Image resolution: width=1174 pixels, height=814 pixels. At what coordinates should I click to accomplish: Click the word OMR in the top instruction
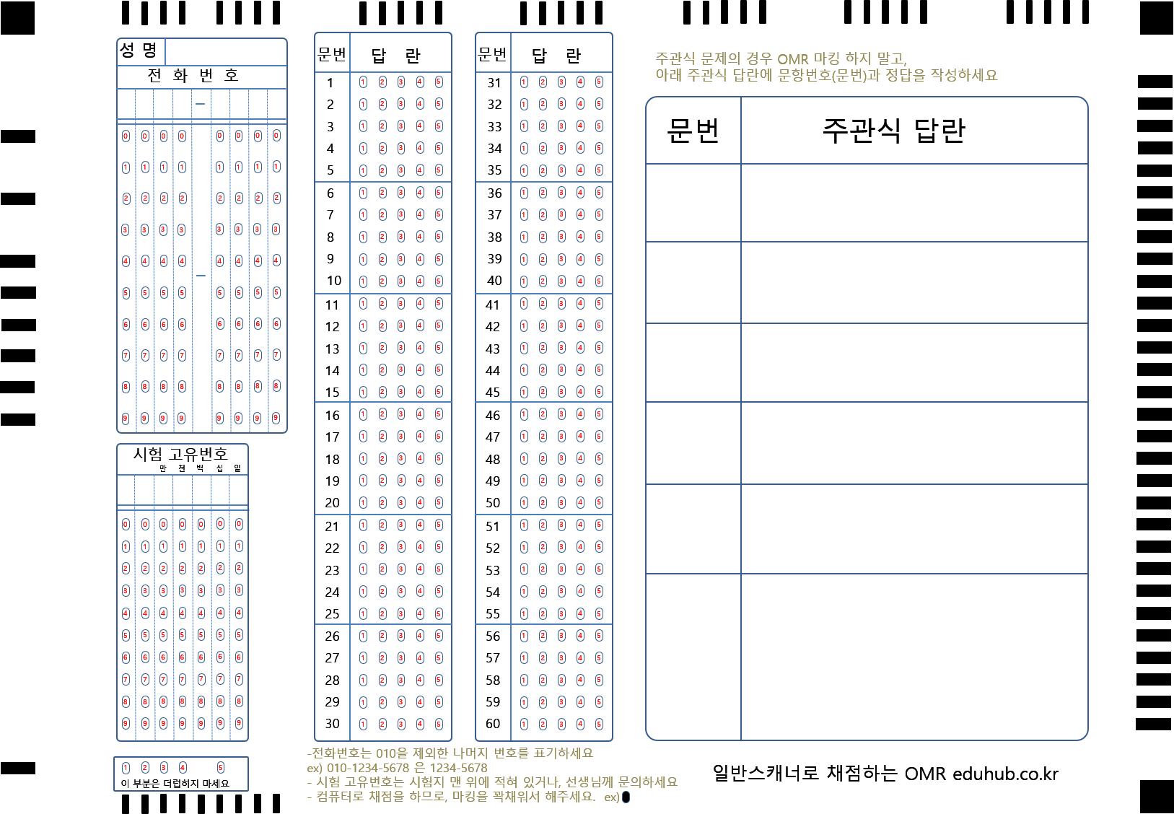coord(792,59)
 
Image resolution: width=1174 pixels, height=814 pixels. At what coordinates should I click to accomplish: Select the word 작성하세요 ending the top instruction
coord(964,75)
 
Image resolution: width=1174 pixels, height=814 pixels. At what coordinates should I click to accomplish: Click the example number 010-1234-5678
coord(368,768)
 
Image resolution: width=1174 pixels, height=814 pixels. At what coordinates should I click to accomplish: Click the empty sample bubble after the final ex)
coord(626,797)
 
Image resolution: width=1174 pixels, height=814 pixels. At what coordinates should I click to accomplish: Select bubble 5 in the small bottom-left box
coord(221,768)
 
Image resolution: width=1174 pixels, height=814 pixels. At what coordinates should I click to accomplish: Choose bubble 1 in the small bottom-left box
coord(126,768)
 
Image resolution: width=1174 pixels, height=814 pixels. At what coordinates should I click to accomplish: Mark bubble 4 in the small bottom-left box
coord(183,768)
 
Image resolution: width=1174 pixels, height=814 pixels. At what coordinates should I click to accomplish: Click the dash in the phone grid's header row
coord(201,104)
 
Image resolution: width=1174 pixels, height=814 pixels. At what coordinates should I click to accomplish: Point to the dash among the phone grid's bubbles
coord(201,276)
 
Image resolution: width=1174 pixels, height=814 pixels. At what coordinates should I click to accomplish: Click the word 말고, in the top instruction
coord(892,59)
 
